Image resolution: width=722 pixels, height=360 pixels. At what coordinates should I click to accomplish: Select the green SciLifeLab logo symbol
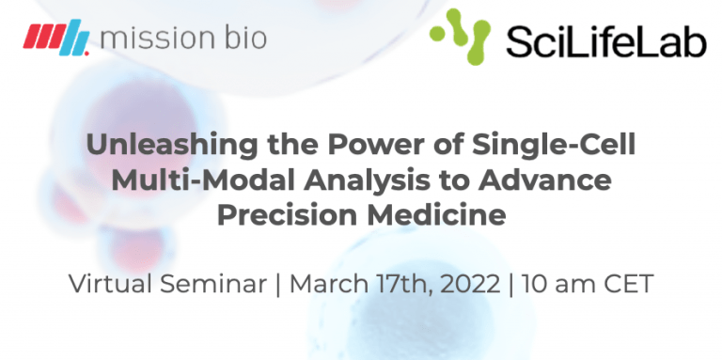tap(459, 37)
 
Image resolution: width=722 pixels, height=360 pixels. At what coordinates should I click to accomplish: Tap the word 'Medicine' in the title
tap(447, 214)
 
